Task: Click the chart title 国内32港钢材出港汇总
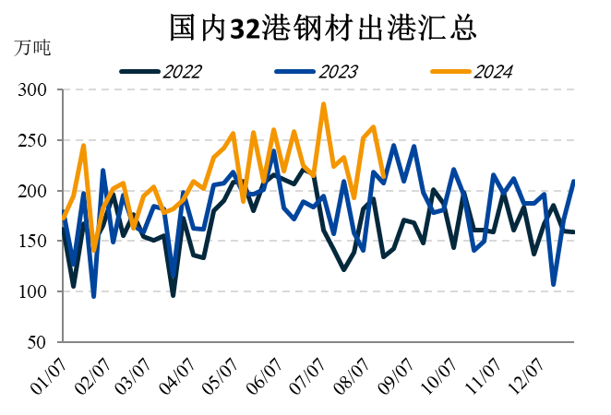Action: tap(322, 28)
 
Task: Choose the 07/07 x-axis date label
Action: tap(311, 374)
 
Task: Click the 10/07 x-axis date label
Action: tap(442, 374)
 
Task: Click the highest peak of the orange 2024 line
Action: tap(323, 104)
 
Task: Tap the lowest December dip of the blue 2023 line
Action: tap(554, 284)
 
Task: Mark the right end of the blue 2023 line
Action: tap(574, 181)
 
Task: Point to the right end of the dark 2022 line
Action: tap(574, 231)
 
